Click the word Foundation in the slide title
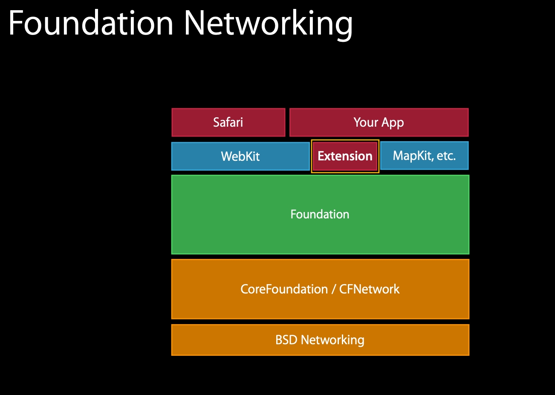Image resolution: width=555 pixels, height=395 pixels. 91,23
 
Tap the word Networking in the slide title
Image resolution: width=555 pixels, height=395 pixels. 268,24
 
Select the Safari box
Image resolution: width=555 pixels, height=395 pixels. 228,122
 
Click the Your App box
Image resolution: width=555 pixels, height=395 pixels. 379,122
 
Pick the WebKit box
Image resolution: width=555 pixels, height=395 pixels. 240,156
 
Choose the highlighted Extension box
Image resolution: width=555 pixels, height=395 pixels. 345,156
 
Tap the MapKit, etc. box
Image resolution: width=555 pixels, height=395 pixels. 424,156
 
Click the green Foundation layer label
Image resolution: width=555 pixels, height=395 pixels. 320,214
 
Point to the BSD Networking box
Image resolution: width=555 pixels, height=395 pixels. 320,340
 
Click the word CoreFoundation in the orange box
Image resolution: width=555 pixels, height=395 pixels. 284,289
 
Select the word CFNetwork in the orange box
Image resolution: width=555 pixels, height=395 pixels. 369,289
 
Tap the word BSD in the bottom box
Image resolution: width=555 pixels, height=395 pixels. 286,340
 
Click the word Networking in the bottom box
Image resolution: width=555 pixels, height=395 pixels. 332,340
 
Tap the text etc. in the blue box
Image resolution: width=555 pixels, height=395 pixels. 446,156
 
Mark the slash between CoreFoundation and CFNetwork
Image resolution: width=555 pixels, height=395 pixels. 333,289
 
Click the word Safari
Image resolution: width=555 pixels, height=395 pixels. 228,122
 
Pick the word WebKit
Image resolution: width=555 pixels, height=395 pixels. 240,156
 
